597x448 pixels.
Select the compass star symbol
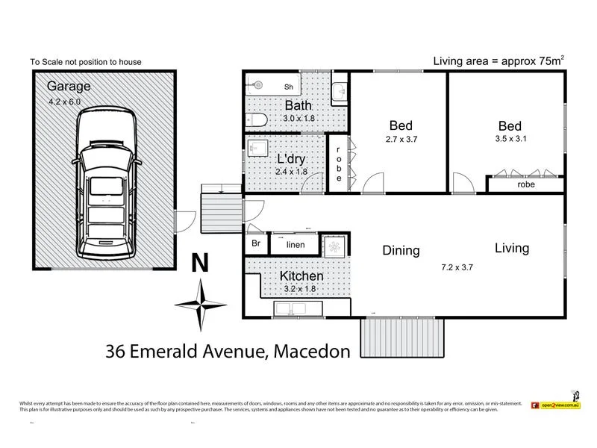[200, 303]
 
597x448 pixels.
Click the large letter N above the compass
[200, 264]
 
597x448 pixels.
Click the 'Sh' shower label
[288, 87]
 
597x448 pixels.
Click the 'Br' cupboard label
[254, 244]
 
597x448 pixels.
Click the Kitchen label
[301, 276]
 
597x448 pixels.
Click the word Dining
[401, 251]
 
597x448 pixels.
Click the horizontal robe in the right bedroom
[525, 184]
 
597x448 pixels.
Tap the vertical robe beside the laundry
[337, 164]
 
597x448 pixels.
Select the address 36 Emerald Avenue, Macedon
[228, 351]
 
